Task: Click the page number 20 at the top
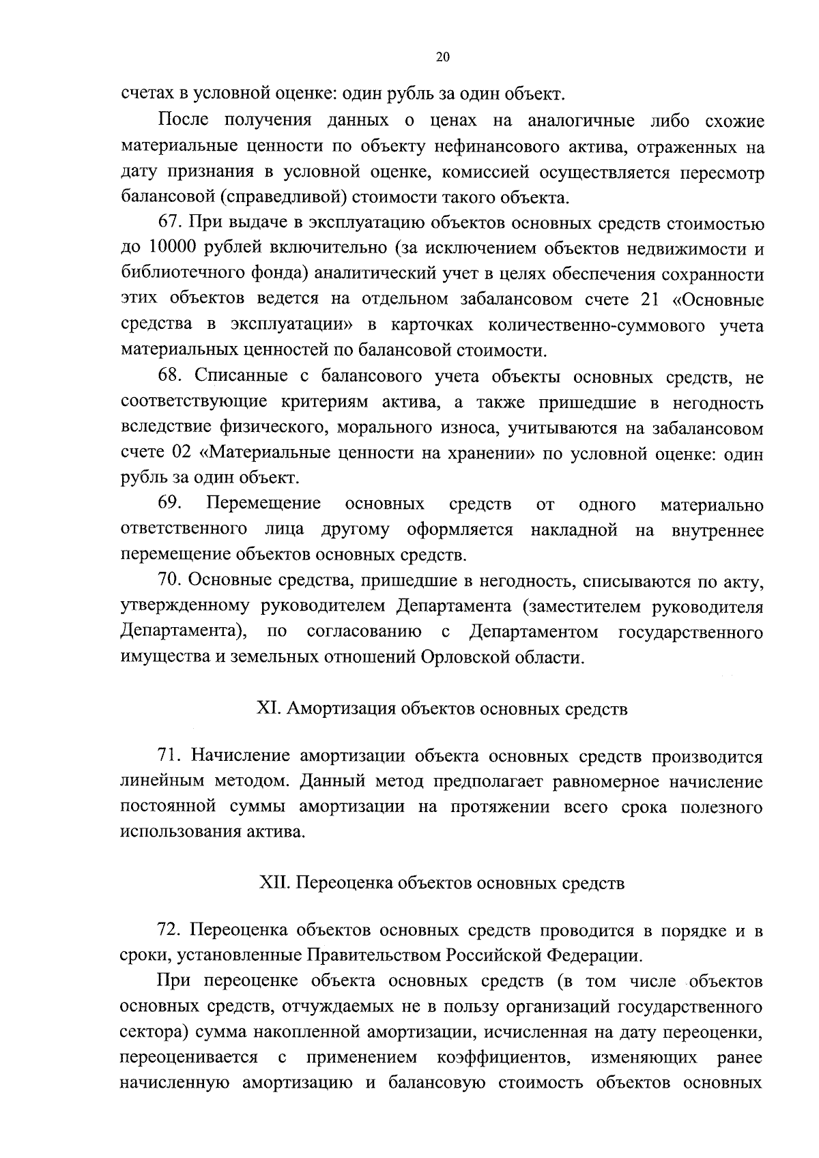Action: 442,58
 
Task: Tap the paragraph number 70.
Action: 169,580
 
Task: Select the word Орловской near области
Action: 465,658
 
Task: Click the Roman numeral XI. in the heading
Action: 269,709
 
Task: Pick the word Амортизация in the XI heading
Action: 339,709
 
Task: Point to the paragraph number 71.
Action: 169,756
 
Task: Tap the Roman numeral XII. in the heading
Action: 276,884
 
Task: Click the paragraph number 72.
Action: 169,931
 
